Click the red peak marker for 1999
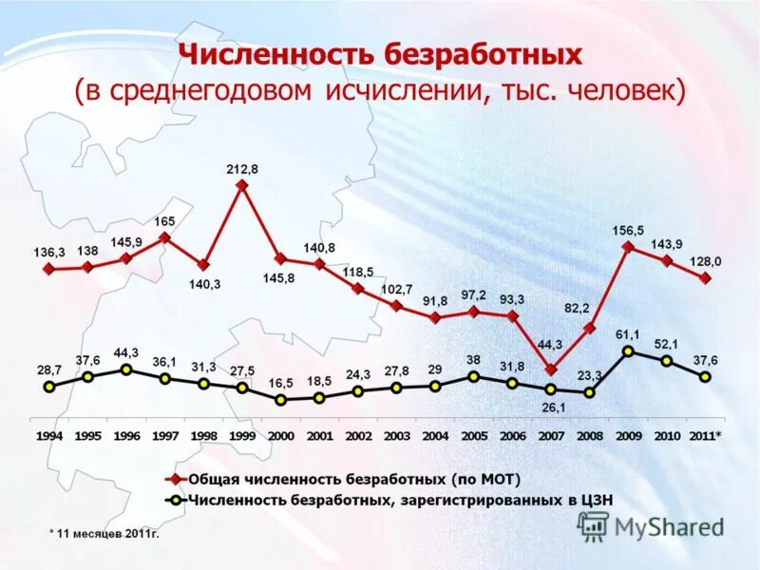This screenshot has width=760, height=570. [242, 186]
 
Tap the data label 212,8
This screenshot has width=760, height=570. [242, 168]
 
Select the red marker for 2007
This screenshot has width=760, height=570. [551, 369]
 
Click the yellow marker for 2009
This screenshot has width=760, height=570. [628, 351]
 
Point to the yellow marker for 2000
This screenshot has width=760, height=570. [280, 400]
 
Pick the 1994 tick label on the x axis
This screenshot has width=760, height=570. [49, 436]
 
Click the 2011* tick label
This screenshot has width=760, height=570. [705, 436]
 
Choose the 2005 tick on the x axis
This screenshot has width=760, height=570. [474, 436]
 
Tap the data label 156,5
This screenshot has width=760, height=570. [628, 231]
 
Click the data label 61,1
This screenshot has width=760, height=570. [628, 334]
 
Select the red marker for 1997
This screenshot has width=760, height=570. [164, 238]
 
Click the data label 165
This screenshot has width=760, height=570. [164, 221]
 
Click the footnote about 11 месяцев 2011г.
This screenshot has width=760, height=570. [104, 534]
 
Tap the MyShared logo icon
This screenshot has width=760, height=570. [594, 526]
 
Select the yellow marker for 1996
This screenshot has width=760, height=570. [126, 370]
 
